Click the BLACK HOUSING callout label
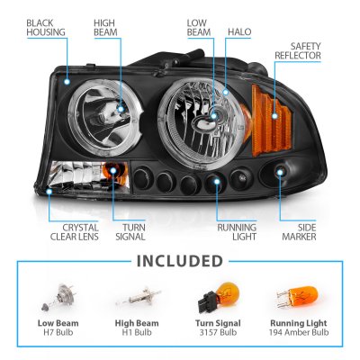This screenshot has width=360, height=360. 46,28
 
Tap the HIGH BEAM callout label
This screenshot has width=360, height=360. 105,28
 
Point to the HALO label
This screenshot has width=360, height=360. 239,32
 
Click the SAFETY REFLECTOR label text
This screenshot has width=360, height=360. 298,50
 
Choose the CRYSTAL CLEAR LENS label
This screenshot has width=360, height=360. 75,232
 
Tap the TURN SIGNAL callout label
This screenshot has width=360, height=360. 130,232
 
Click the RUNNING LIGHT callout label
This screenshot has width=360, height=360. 237,232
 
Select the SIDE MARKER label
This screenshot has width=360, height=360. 299,232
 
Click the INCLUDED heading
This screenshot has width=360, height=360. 180,261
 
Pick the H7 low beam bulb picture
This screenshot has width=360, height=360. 58,297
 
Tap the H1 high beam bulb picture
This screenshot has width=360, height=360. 139,296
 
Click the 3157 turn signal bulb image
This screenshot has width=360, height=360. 219,296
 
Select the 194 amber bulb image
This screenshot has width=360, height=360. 297,296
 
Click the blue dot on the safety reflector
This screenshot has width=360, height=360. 274,115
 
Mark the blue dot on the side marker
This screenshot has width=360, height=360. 280,172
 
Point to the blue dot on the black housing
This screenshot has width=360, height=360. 67,82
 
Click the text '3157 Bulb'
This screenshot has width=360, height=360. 218,332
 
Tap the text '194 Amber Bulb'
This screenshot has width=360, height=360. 299,332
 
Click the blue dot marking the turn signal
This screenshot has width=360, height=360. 113,171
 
